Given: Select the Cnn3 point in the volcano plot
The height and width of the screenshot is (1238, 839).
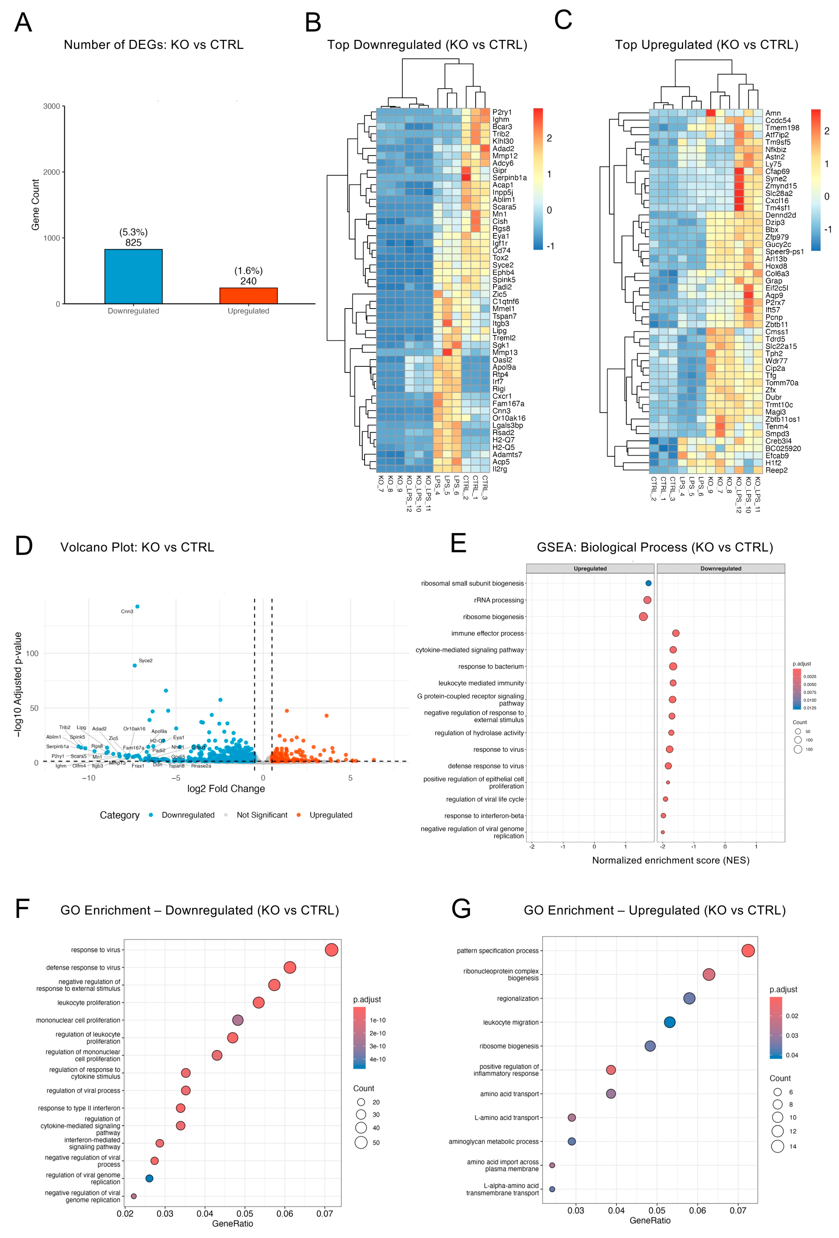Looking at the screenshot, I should pos(137,606).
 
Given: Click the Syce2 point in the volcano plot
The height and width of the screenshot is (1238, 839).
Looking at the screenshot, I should pos(135,665).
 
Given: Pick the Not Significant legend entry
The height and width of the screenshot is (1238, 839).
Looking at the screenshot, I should pos(261,815).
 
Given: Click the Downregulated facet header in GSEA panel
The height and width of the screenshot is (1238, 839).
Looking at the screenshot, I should pos(720,568).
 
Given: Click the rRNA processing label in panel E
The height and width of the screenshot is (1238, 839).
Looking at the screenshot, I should pos(499,600).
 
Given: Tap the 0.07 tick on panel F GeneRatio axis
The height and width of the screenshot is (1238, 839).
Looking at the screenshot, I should pos(324,1214).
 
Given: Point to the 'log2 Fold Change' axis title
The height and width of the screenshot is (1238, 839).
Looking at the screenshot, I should pos(226,789).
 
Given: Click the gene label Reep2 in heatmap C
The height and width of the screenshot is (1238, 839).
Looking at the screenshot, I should pos(776,470).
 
